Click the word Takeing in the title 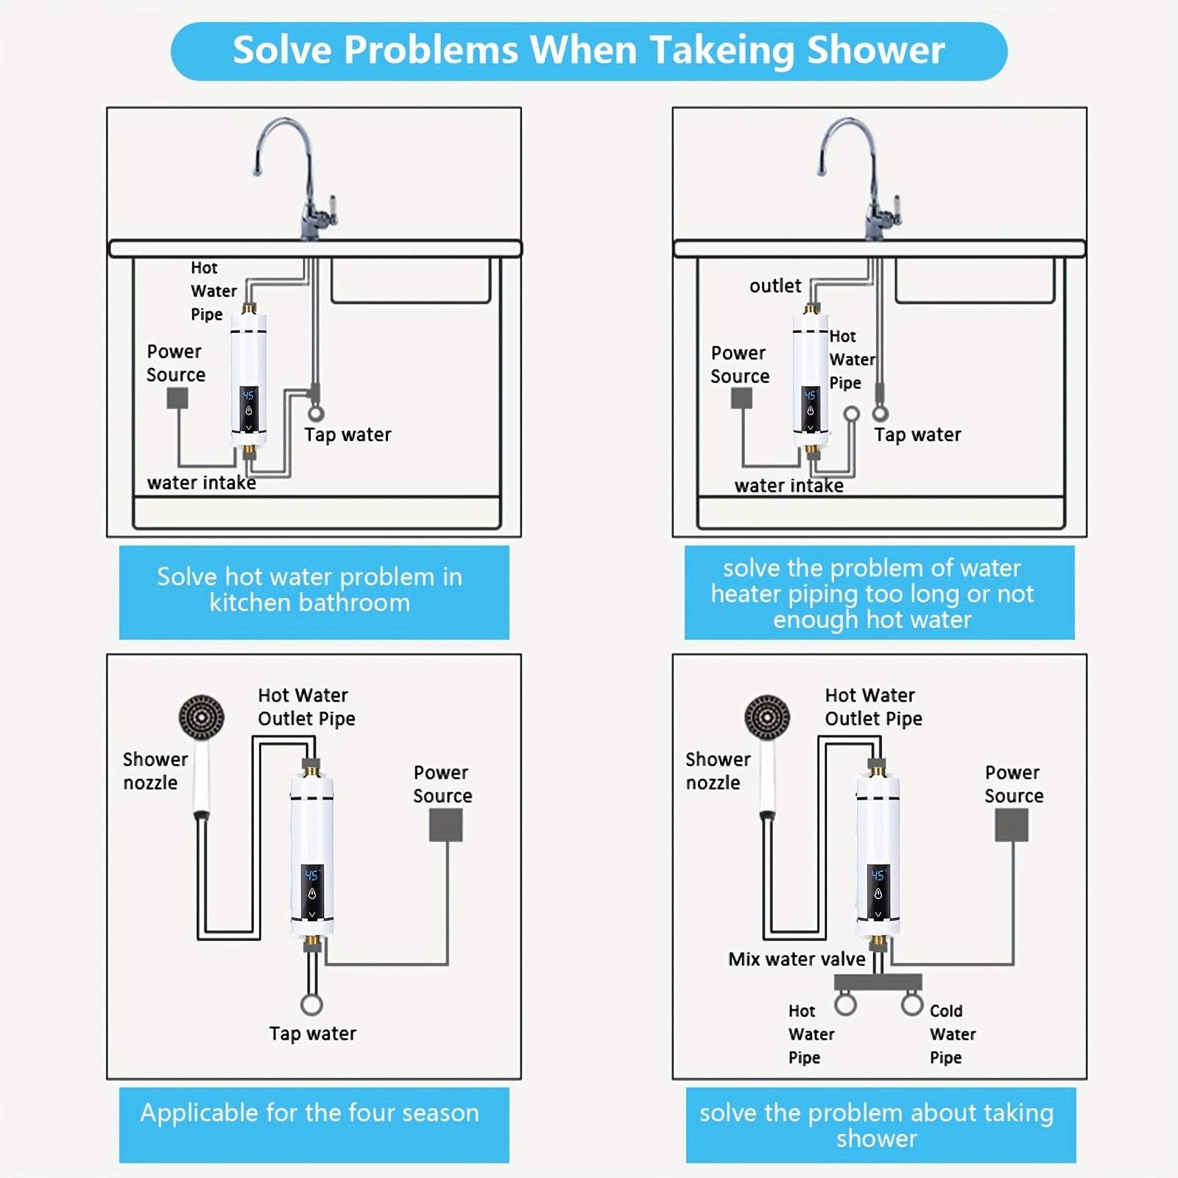pyautogui.click(x=722, y=52)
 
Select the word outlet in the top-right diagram pyautogui.click(x=775, y=286)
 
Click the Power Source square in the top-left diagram pyautogui.click(x=177, y=398)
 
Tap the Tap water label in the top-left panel pyautogui.click(x=348, y=434)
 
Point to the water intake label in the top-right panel pyautogui.click(x=789, y=485)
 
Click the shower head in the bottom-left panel pyautogui.click(x=201, y=716)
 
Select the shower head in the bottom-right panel pyautogui.click(x=766, y=716)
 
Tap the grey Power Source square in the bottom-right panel pyautogui.click(x=1012, y=825)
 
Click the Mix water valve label pyautogui.click(x=797, y=959)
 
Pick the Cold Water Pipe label pyautogui.click(x=952, y=1034)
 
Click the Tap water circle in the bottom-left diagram pyautogui.click(x=311, y=1004)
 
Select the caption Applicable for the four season pyautogui.click(x=310, y=1112)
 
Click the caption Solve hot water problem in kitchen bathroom pyautogui.click(x=310, y=589)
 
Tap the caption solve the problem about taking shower pyautogui.click(x=876, y=1124)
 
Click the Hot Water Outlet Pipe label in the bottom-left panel pyautogui.click(x=306, y=707)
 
